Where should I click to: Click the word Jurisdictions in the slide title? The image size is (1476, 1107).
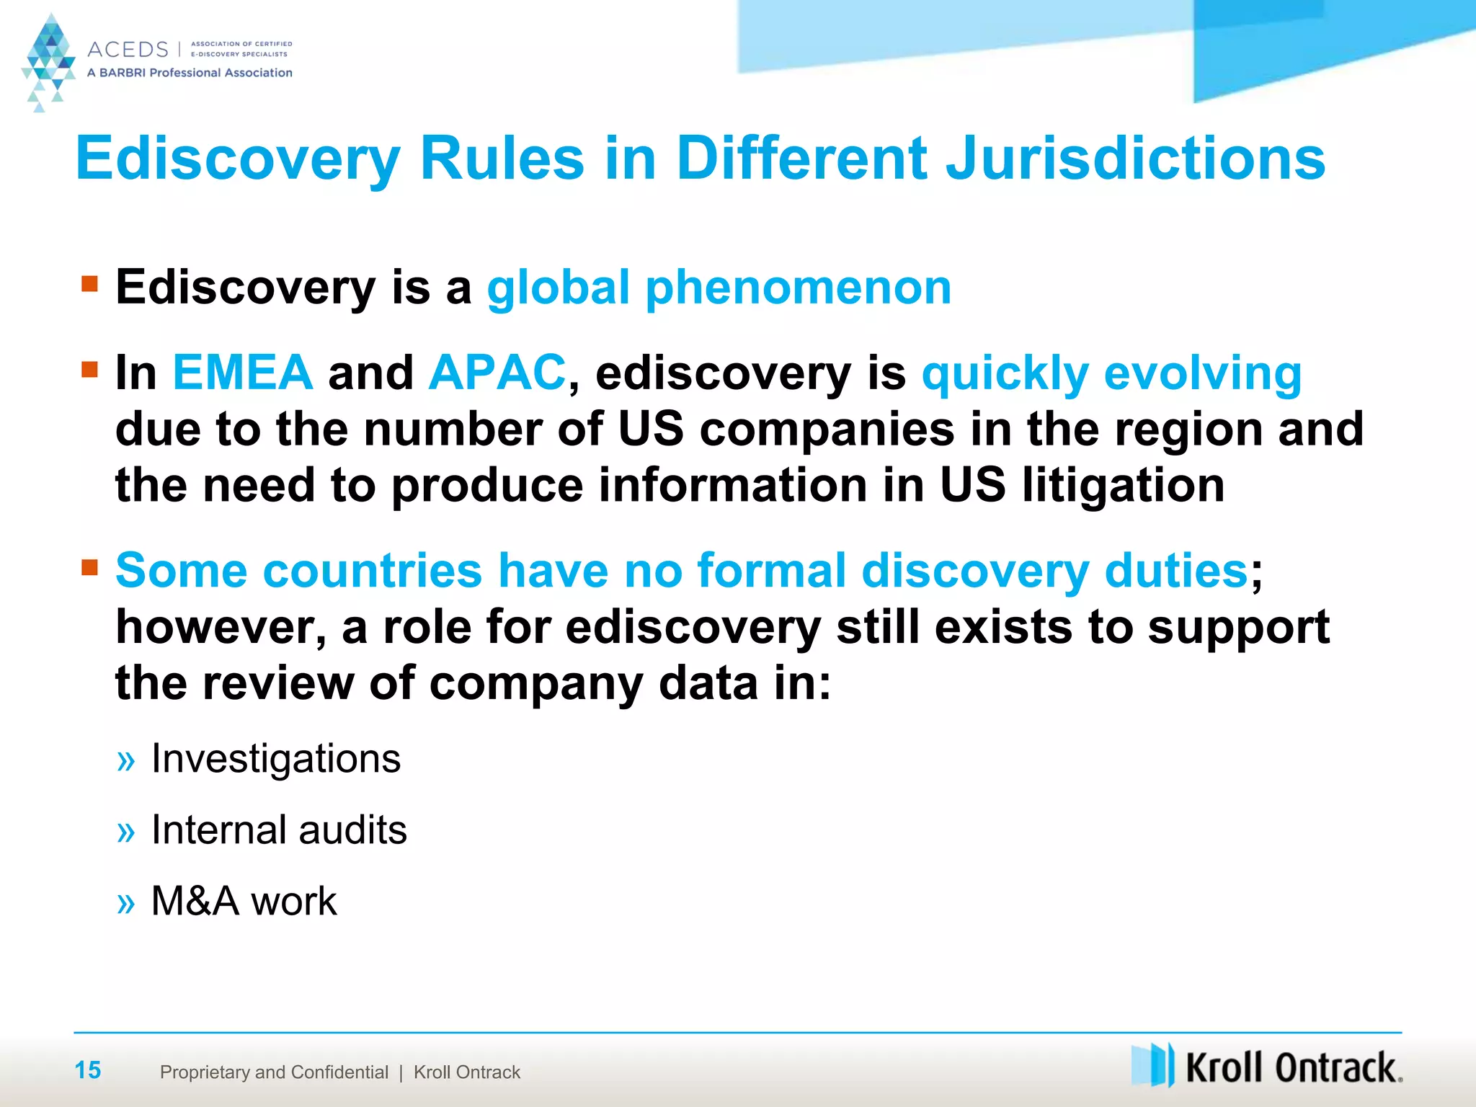pyautogui.click(x=1135, y=159)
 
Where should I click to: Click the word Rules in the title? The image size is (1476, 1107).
pyautogui.click(x=502, y=159)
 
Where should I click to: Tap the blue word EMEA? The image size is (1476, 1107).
pyautogui.click(x=243, y=373)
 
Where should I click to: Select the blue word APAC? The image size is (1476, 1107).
pyautogui.click(x=497, y=373)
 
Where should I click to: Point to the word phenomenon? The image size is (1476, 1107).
pyautogui.click(x=799, y=288)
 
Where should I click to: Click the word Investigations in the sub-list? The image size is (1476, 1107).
pyautogui.click(x=276, y=759)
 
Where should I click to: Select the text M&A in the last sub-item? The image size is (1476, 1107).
pyautogui.click(x=195, y=901)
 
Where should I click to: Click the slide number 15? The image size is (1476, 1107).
pyautogui.click(x=88, y=1070)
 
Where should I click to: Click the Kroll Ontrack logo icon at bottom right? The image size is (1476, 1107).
pyautogui.click(x=1152, y=1064)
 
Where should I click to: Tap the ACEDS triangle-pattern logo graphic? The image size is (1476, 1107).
pyautogui.click(x=48, y=61)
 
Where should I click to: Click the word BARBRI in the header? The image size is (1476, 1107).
pyautogui.click(x=122, y=73)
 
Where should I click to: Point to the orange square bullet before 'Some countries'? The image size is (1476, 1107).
pyautogui.click(x=89, y=567)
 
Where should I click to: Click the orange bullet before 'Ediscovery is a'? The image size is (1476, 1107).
pyautogui.click(x=89, y=283)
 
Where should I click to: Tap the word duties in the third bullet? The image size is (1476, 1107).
pyautogui.click(x=1176, y=571)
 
